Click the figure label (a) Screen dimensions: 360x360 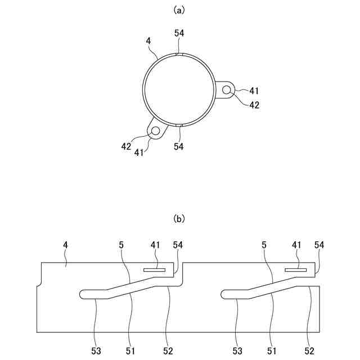179,10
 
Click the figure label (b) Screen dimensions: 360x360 179,218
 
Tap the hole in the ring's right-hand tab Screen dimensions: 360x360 227,90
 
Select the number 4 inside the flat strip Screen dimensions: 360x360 65,246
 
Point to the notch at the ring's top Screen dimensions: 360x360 178,55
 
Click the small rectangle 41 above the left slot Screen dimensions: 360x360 154,270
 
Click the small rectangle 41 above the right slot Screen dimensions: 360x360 295,270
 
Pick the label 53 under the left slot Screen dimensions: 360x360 96,351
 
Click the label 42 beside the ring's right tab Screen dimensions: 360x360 254,105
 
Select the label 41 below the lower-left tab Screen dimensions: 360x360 138,152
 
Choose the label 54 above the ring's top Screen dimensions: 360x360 179,34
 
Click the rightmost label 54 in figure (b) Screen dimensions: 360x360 319,246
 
